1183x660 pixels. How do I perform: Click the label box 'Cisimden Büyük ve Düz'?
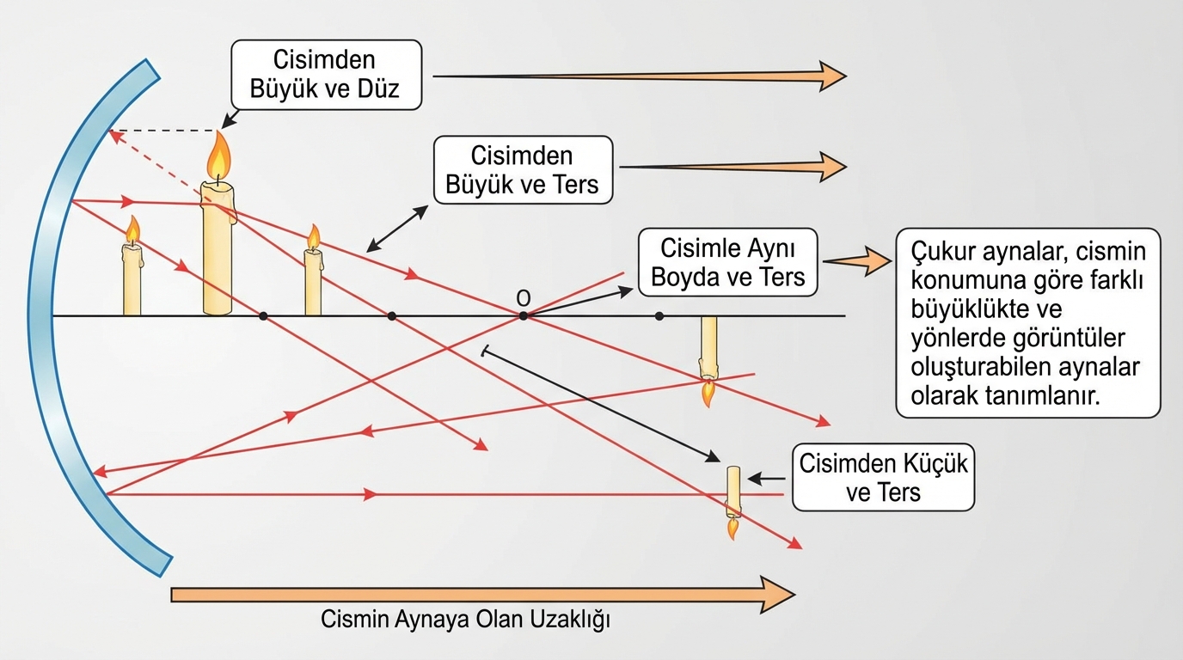tap(326, 75)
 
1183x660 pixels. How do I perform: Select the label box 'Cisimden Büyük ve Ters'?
tap(523, 169)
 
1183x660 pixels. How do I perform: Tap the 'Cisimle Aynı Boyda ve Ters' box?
tap(727, 262)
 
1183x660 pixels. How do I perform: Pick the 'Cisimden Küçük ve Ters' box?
tap(883, 478)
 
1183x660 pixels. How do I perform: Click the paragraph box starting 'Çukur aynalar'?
tap(1027, 323)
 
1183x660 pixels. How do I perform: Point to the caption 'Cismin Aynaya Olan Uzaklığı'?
tap(465, 620)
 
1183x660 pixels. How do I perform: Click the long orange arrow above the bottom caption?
tap(481, 594)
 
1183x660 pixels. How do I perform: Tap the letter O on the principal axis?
tap(523, 297)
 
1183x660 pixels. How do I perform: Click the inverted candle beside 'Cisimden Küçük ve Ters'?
tap(732, 500)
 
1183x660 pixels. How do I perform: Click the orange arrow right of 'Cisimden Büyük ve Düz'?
tap(640, 76)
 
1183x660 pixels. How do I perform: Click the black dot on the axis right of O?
tap(659, 316)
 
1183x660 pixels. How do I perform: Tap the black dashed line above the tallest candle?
tap(163, 131)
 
